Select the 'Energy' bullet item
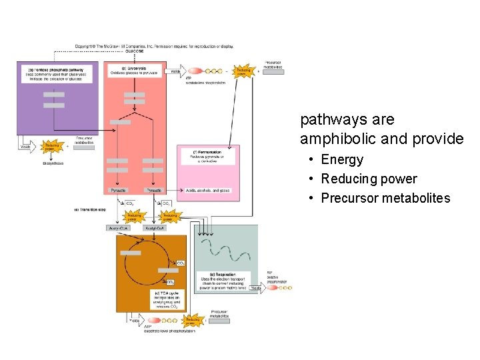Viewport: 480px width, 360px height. [x=342, y=159]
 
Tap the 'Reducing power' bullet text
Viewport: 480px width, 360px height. [x=369, y=179]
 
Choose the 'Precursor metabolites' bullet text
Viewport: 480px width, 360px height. [x=385, y=198]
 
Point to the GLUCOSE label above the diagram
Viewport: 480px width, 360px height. [x=134, y=51]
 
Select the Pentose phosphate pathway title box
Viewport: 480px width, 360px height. [x=57, y=72]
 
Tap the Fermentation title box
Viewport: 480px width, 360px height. [x=208, y=155]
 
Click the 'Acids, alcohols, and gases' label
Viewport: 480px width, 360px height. [x=207, y=191]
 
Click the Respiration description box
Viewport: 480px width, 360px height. [x=223, y=281]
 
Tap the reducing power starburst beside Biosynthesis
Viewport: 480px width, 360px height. [x=52, y=147]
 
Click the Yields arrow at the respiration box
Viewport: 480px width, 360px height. [x=256, y=288]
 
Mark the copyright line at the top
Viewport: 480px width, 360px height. [x=153, y=46]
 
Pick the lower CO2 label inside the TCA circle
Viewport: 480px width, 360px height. [x=171, y=282]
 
